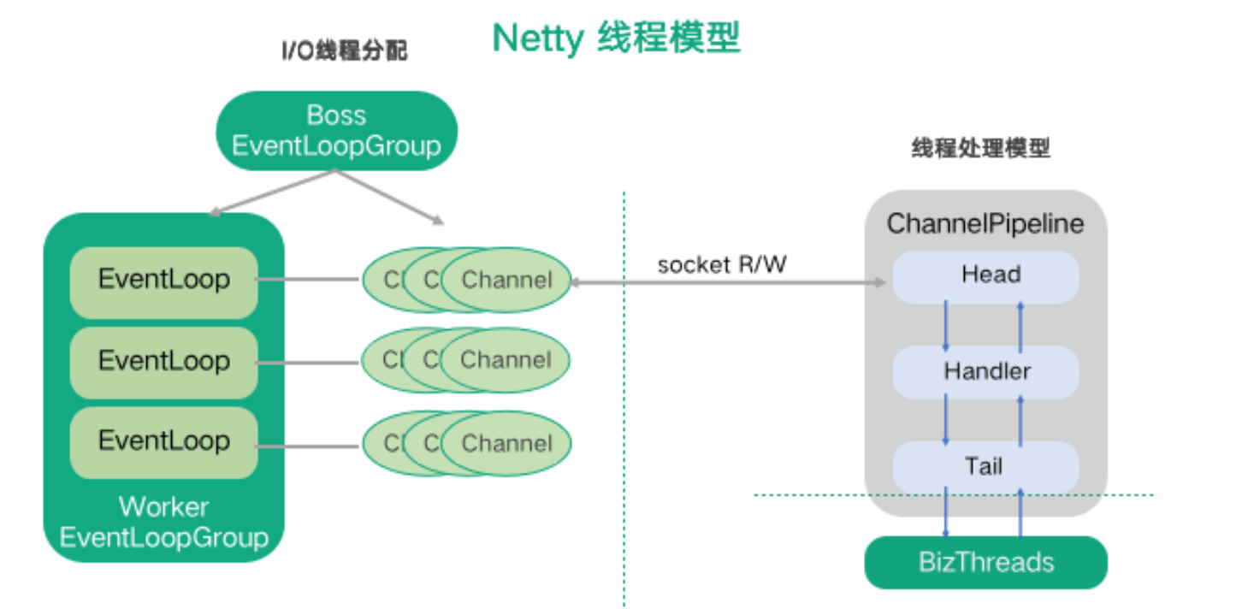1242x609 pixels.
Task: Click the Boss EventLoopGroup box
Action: coord(336,131)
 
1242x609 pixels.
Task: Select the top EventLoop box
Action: coord(163,280)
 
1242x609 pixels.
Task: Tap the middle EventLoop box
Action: coord(163,361)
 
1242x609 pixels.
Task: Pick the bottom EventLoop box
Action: coord(163,441)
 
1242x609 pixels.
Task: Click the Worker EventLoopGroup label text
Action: coord(163,523)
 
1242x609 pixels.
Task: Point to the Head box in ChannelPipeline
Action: coord(985,275)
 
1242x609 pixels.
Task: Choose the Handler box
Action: coord(985,372)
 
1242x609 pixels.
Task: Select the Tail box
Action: coord(985,467)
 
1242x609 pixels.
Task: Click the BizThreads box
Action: coord(985,563)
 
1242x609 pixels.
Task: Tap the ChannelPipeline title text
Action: coord(985,224)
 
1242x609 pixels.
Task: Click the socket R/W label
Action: coord(722,264)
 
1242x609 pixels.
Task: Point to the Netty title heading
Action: coord(616,38)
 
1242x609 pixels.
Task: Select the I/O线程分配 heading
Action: coord(345,52)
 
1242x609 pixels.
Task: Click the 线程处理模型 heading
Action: coord(980,149)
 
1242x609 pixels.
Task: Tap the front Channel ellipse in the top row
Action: coord(506,280)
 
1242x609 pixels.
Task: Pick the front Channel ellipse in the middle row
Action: coord(506,360)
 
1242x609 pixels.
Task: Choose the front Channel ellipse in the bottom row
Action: coord(506,443)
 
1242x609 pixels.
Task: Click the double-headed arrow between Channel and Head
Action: coord(727,281)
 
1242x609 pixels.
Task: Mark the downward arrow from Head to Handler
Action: coord(946,325)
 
